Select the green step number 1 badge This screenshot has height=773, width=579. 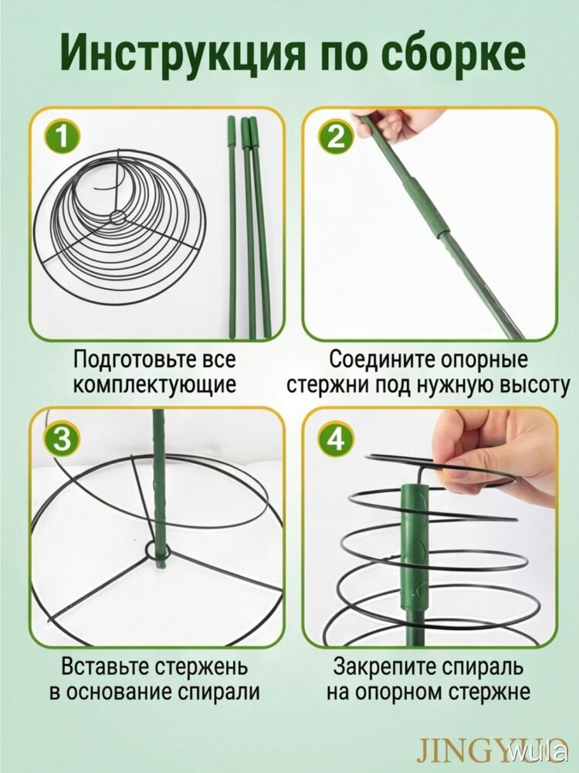click(x=62, y=137)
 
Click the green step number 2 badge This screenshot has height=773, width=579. click(x=336, y=137)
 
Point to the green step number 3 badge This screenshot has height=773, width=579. click(x=62, y=439)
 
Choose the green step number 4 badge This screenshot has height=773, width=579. click(x=336, y=439)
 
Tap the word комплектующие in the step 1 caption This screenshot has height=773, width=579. click(x=155, y=385)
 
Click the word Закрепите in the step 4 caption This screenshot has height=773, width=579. click(x=384, y=667)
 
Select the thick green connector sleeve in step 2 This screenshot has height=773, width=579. click(x=428, y=202)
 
